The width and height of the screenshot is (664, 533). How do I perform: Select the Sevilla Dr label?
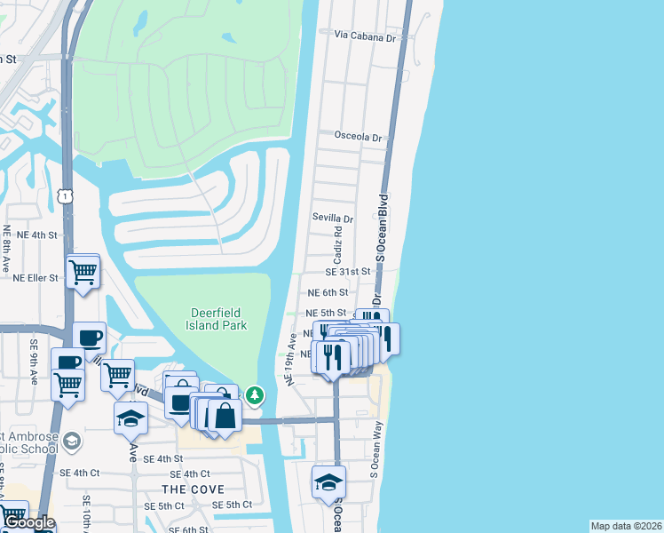[333, 218]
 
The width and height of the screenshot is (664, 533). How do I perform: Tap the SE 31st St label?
[347, 272]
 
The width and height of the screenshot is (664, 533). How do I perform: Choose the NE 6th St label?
[328, 291]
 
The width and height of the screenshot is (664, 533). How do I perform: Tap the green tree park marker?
[255, 394]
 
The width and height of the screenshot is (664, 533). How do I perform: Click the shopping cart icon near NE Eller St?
[83, 270]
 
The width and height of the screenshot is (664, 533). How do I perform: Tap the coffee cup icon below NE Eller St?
[89, 338]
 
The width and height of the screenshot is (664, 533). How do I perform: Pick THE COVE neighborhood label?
[193, 489]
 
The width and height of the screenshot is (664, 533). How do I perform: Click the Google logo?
[29, 522]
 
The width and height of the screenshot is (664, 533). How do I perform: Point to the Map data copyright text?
[625, 526]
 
